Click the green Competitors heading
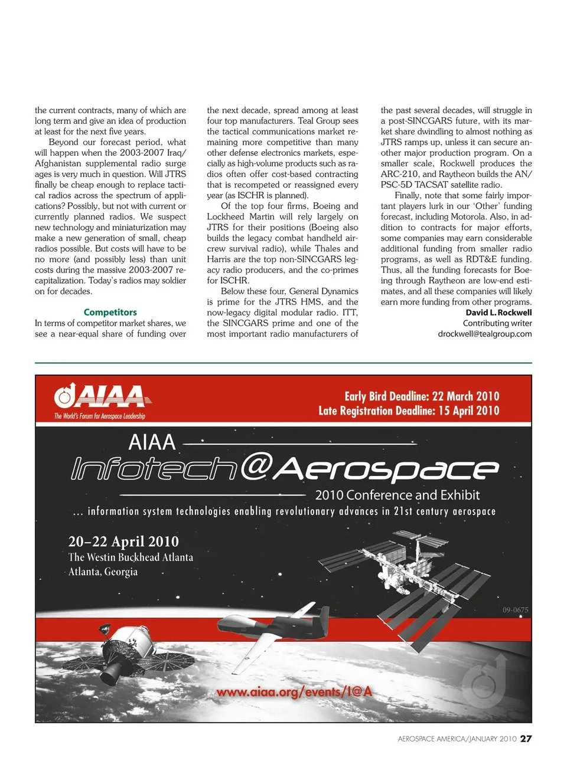tap(110, 313)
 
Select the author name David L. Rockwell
tap(498, 313)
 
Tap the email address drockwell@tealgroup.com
tap(484, 334)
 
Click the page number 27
tap(526, 739)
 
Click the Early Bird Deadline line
tap(422, 396)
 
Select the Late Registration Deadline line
tap(409, 411)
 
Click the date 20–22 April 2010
tap(123, 542)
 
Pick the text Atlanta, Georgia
tap(103, 572)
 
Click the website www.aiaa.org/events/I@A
tap(294, 691)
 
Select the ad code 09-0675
tap(515, 610)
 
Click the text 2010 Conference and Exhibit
tap(397, 496)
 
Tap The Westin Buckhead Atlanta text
tap(131, 557)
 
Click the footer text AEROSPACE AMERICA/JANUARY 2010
tap(457, 739)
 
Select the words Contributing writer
tap(497, 323)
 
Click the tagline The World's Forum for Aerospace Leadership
tap(99, 416)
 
